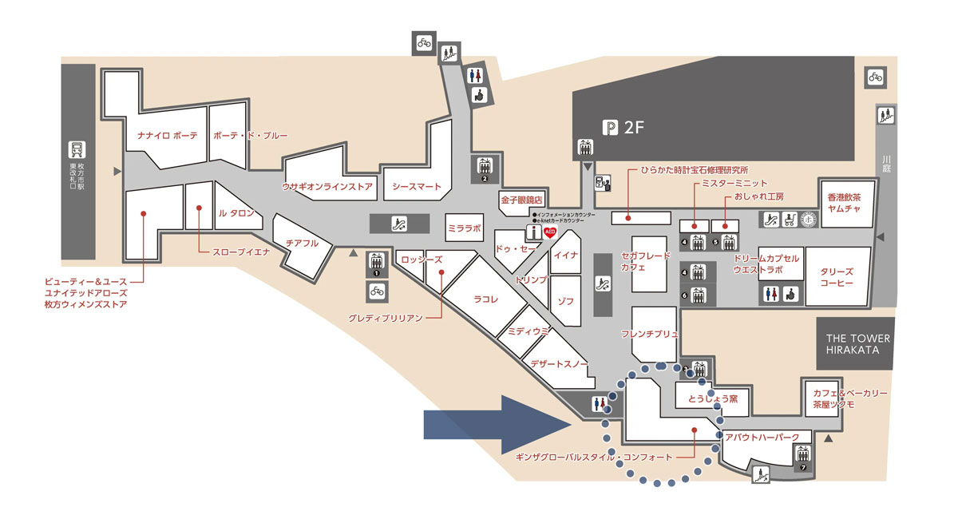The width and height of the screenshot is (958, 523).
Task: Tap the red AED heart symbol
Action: click(549, 232)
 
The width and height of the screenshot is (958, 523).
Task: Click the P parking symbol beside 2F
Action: click(611, 126)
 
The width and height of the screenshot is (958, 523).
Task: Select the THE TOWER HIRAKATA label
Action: click(857, 344)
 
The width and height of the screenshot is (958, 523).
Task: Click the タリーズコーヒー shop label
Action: click(837, 277)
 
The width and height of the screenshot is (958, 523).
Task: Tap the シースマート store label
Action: click(417, 187)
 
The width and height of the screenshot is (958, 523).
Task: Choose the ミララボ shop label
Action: click(464, 228)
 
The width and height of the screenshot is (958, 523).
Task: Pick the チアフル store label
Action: click(302, 244)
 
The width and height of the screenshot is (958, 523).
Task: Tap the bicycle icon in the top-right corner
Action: click(876, 77)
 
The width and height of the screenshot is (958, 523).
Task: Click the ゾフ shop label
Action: click(565, 301)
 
